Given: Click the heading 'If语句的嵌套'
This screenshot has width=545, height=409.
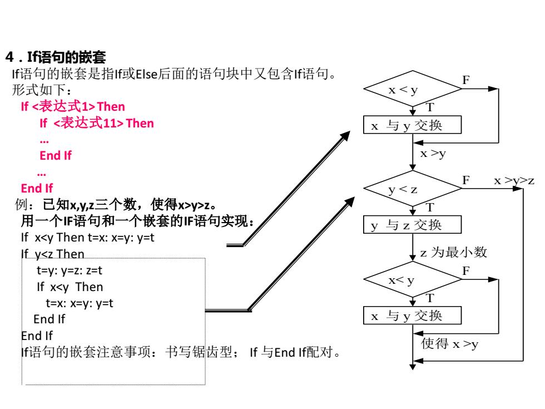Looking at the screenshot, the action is coord(66,57).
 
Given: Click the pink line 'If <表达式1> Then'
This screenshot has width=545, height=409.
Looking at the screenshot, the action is coord(73,106).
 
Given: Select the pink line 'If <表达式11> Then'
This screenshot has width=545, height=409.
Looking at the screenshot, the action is coord(97,123).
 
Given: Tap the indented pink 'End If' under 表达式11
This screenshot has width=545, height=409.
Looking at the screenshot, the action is coord(56,155).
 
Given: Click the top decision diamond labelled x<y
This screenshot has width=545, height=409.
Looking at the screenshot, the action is coord(413,88).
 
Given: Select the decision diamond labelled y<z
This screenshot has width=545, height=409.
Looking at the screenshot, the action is coord(413,189).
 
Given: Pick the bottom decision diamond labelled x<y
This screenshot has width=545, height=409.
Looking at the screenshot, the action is coord(413,279).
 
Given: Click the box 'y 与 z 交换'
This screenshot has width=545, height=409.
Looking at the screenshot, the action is coord(413,225).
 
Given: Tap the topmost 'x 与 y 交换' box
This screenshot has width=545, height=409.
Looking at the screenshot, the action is coord(413,125).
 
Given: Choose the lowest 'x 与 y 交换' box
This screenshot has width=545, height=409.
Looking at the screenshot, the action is coord(413,316).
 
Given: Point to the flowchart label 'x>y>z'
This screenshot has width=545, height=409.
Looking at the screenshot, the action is coord(514,180).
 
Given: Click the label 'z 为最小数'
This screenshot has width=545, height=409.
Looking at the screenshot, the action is coord(454,252).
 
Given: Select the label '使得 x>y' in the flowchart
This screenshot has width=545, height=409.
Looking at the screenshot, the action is coord(450,344).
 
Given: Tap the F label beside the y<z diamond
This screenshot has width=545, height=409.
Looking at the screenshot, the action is coord(466,180).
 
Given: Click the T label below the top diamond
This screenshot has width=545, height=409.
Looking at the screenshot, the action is coord(430,107).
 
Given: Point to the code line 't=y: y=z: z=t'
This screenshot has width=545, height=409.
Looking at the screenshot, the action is coord(70,270).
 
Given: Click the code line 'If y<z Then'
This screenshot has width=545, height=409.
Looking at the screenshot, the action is coord(53,254).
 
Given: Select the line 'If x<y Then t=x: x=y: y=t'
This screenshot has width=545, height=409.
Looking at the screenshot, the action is coord(88,238).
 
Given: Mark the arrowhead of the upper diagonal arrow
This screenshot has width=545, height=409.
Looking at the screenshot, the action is coord(346,135).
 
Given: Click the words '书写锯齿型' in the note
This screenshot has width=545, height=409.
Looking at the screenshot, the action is coord(199,352).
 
